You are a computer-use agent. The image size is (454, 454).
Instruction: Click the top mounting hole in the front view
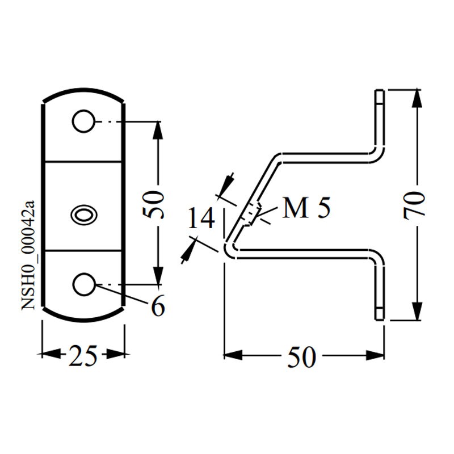click(83, 121)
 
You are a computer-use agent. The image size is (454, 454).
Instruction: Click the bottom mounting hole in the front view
click(84, 284)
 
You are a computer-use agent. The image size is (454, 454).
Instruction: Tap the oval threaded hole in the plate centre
click(83, 214)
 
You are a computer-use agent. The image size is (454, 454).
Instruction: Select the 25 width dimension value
click(83, 355)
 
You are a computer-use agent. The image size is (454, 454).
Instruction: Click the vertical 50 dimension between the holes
click(155, 204)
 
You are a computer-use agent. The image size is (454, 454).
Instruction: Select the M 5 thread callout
click(306, 209)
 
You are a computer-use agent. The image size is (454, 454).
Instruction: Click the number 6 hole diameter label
click(158, 307)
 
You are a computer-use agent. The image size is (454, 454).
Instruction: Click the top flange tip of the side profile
click(380, 93)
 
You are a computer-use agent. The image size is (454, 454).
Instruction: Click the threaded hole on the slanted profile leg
click(251, 214)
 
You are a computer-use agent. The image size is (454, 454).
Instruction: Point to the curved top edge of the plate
click(83, 91)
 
